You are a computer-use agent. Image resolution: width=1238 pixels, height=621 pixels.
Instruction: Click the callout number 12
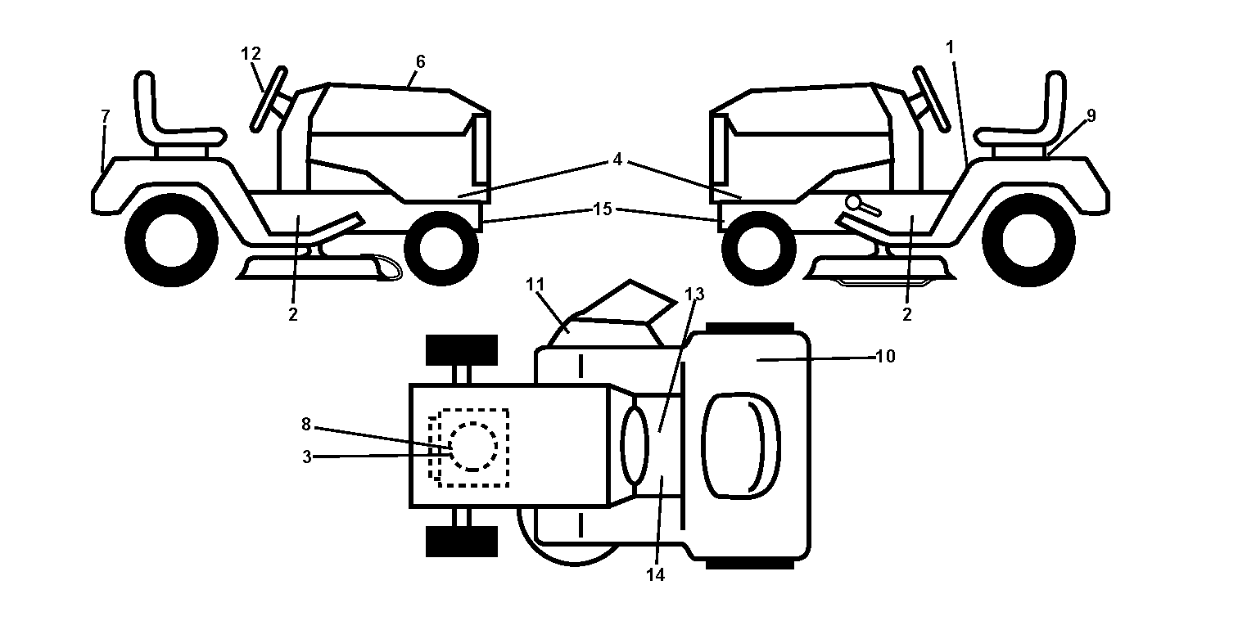251,54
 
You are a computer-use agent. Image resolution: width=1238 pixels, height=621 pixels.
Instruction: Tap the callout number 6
421,62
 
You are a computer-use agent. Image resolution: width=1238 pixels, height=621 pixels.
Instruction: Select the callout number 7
106,116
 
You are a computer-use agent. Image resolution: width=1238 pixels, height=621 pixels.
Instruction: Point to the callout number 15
603,209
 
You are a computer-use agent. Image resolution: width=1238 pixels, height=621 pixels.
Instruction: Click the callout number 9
1091,115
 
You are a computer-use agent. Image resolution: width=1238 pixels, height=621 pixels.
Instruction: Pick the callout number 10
885,357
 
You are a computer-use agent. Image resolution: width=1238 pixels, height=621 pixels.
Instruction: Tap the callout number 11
535,285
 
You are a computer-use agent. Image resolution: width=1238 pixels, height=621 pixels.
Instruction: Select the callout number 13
694,295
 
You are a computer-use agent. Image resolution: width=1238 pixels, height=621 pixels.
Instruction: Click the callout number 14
656,575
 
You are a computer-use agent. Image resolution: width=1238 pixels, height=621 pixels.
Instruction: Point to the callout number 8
306,425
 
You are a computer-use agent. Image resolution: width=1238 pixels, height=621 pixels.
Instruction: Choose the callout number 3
307,457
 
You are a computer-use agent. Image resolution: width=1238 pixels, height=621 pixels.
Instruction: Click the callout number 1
950,47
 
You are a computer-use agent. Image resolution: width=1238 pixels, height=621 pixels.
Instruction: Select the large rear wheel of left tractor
172,241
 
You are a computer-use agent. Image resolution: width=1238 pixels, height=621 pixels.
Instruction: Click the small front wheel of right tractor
759,248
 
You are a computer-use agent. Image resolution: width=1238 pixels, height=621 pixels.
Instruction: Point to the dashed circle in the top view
472,447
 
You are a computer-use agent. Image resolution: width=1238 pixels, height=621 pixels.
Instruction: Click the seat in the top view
740,446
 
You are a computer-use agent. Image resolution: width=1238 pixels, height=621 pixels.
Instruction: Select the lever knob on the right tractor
855,203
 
